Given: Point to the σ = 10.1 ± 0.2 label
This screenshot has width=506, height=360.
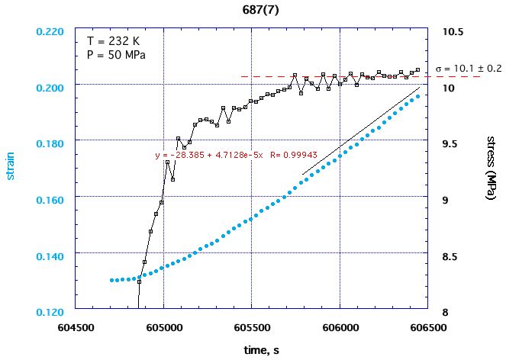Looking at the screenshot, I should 468,69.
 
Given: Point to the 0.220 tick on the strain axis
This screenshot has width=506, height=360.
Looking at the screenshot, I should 51,33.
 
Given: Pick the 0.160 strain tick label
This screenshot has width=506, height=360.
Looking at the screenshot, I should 51,199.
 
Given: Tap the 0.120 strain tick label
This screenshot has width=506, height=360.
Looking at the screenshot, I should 51,312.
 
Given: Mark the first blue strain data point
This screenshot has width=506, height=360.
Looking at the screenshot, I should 111,280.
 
